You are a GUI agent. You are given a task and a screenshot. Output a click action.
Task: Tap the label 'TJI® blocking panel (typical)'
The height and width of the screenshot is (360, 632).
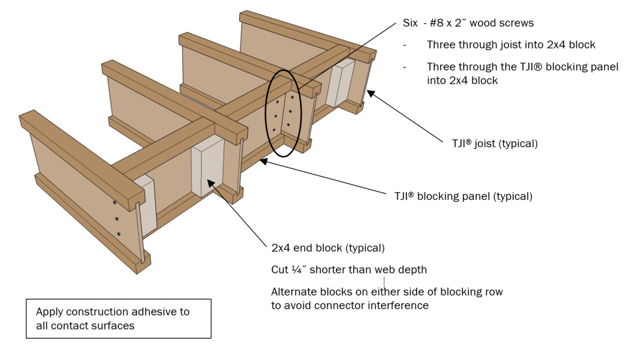pos(463,196)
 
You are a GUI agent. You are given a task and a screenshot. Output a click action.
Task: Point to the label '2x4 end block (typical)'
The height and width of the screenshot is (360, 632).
pos(328,247)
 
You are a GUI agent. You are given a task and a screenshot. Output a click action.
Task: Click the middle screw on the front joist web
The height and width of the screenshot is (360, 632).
pos(116,218)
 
